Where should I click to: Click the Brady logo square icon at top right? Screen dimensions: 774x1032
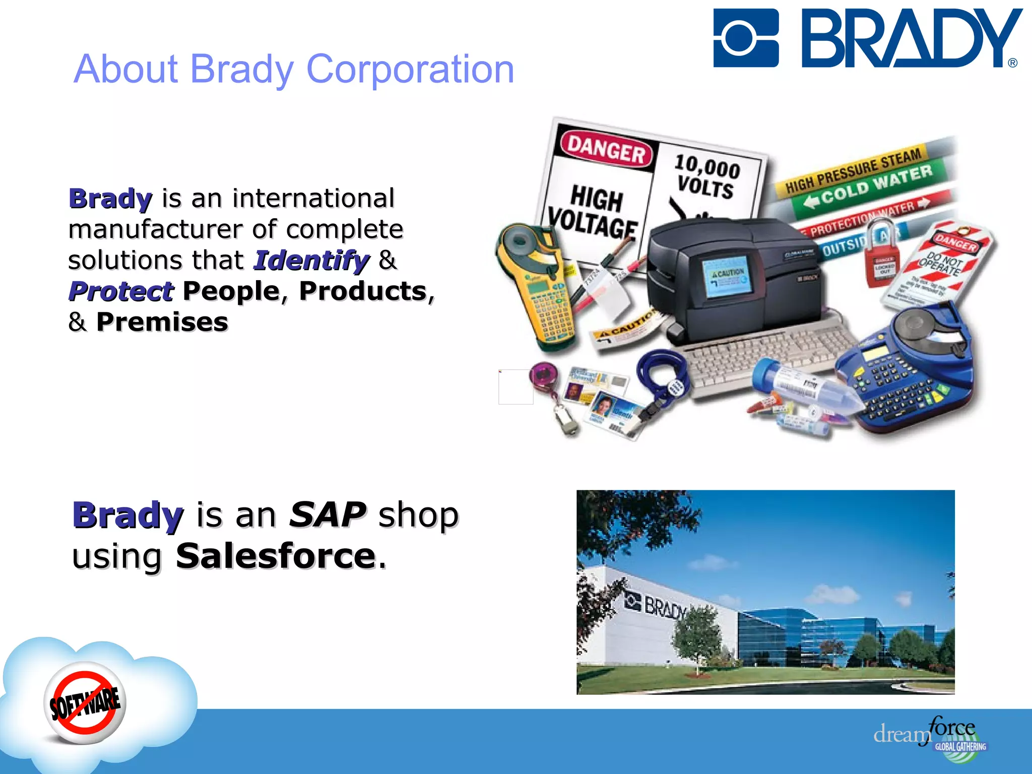tap(746, 38)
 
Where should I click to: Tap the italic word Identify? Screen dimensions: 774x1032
tap(311, 261)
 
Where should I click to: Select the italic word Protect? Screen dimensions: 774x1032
tap(121, 291)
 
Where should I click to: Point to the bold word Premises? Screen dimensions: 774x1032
tap(162, 322)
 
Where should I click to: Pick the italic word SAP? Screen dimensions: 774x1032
tap(328, 515)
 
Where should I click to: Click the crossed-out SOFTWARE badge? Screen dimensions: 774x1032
tap(85, 702)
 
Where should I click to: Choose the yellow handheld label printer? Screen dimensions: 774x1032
tap(534, 287)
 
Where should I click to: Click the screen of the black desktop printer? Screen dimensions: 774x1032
tap(726, 277)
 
